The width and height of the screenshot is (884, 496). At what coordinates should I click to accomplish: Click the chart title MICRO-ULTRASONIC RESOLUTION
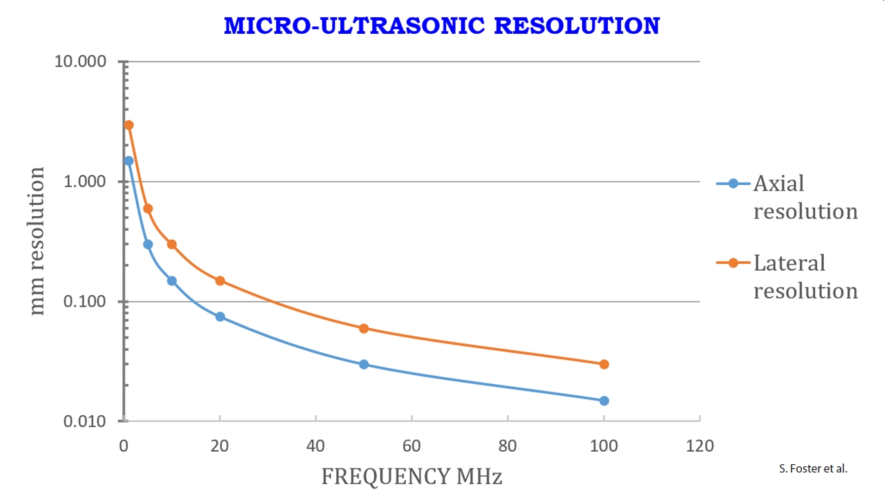pos(442,26)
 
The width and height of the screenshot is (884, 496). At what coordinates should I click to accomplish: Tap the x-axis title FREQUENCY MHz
pos(412,476)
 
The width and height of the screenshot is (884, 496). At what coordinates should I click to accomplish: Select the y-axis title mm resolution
pos(37,241)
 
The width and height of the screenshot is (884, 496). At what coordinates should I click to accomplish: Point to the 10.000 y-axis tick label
pos(81,61)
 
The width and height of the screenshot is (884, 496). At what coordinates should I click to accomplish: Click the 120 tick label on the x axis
pos(700,446)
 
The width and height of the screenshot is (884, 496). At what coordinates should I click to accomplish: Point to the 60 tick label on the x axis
pos(412,446)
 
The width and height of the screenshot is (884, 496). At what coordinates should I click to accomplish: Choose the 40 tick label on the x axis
pos(316,446)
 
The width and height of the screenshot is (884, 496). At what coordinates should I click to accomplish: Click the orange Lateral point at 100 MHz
pos(604,364)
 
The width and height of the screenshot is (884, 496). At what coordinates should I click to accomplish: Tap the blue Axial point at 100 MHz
pos(604,401)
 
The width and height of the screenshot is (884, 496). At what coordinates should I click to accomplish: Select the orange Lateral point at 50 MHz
pos(364,328)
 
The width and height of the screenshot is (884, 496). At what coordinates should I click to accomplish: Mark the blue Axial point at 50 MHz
pos(364,364)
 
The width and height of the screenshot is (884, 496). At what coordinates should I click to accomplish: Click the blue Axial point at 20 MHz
pos(220,316)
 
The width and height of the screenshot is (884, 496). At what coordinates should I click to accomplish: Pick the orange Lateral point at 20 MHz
pos(220,280)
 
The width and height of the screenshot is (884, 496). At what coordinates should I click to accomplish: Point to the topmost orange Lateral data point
pos(128,125)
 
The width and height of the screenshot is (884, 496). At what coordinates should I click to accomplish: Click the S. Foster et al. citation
pos(812,468)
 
